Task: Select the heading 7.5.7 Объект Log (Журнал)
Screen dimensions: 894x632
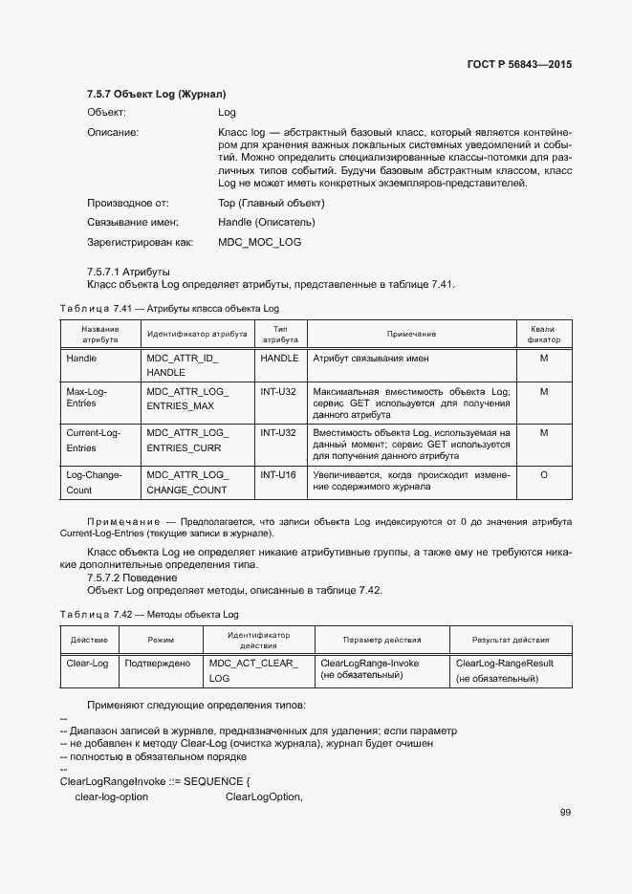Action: (x=156, y=95)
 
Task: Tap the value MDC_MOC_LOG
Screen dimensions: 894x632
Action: (x=259, y=242)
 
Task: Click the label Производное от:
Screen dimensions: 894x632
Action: (x=128, y=204)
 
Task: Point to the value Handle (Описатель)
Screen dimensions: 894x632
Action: (x=266, y=223)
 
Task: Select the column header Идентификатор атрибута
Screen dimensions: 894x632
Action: (x=196, y=334)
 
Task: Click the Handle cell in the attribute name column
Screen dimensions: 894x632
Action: (x=81, y=359)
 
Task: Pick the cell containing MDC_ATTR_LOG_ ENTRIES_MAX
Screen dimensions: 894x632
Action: (x=186, y=399)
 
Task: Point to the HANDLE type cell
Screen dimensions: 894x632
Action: (x=279, y=359)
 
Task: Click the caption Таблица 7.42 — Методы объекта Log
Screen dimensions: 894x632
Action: (x=149, y=614)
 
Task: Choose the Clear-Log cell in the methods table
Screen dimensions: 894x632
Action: (x=88, y=664)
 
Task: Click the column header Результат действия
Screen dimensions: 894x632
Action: (x=511, y=640)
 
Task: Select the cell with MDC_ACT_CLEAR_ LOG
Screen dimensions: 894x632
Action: (x=253, y=670)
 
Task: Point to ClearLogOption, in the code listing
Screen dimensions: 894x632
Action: (x=264, y=796)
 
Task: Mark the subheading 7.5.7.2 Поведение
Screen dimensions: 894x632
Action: (x=131, y=578)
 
